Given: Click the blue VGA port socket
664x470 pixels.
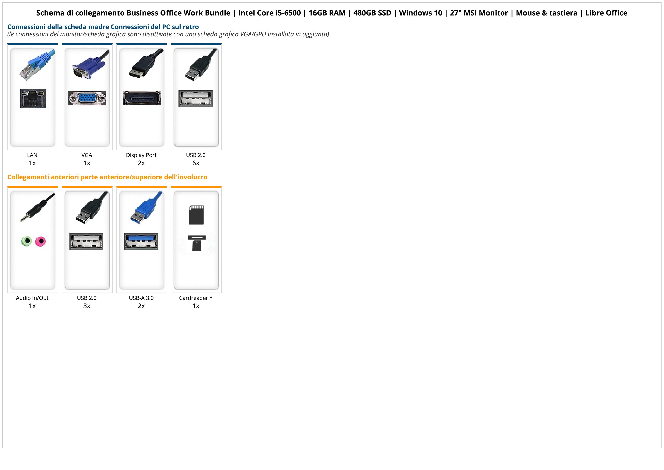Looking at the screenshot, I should pos(87,98).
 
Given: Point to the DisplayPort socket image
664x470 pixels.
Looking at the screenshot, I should pos(142,98).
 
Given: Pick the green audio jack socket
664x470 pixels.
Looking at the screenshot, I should pos(27,241).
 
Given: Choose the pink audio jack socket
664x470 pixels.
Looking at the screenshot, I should pos(41,241).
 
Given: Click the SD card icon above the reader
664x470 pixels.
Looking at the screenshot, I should pos(196,215).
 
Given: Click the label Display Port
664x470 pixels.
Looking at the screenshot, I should pos(141,155).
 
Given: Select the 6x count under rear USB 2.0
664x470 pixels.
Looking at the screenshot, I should pos(196,163).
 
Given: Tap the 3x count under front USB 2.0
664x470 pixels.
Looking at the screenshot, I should pos(87,306).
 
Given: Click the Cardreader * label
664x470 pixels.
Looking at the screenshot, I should pos(196,298).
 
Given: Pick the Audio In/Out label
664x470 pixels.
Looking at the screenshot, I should pos(32,298).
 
